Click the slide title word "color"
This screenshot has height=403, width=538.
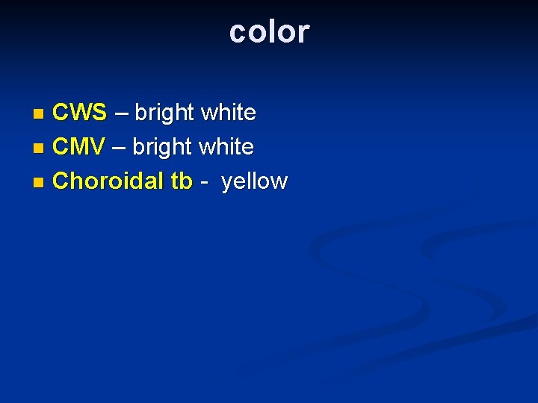coord(269,32)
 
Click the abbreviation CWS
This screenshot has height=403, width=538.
coord(80,113)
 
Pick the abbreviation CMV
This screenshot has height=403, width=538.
coord(78,147)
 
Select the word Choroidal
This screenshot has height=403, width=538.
coord(111,181)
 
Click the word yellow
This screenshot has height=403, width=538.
coord(254,181)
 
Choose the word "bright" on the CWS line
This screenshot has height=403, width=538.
coord(164,113)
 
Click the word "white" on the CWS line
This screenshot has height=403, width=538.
coord(229,113)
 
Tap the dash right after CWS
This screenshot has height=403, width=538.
coord(120,113)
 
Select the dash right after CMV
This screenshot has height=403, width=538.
coord(118,148)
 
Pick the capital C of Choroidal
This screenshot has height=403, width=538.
coord(61,181)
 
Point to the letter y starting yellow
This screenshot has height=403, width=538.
coord(226,183)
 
